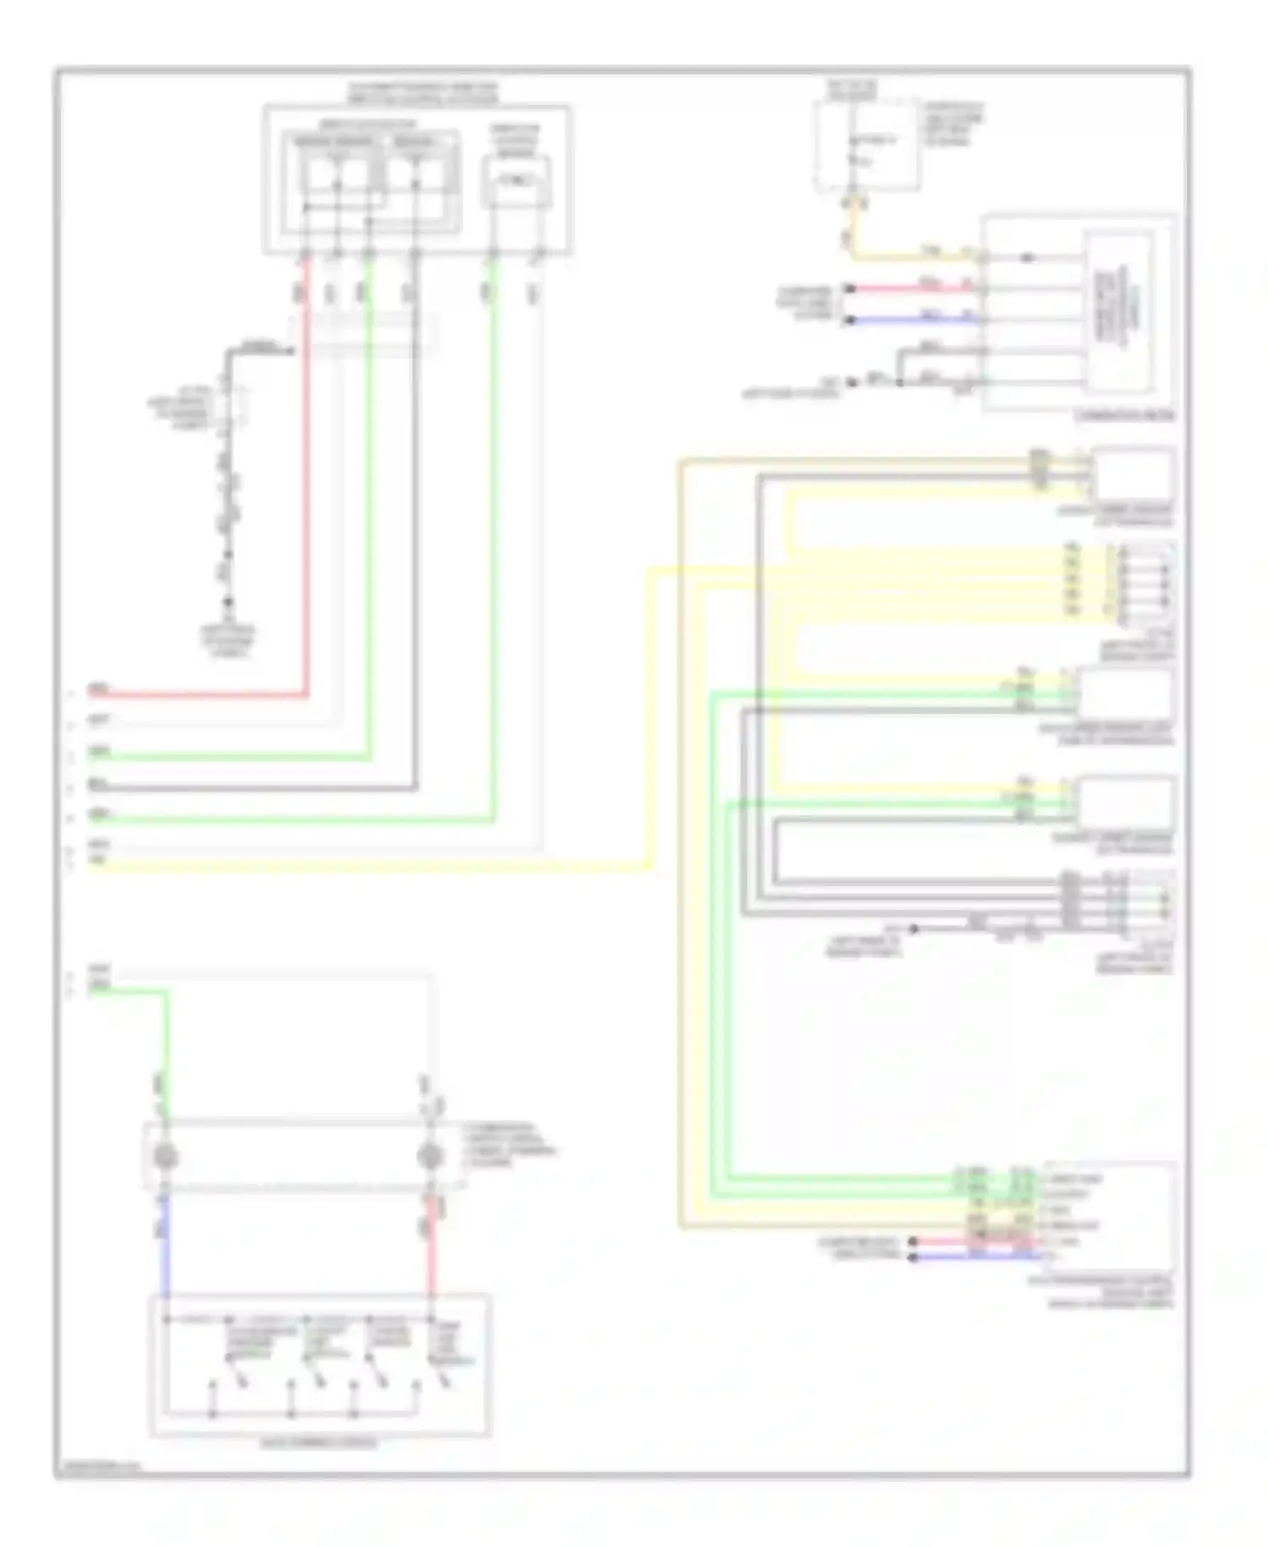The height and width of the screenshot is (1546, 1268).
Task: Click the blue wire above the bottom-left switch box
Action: [166, 1242]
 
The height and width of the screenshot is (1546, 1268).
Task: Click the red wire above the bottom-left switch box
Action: [431, 1242]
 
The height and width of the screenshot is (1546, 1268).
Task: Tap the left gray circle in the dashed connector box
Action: [166, 1156]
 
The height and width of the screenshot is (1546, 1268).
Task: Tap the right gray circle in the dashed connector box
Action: [431, 1156]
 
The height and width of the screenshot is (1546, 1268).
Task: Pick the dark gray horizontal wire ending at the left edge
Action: [254, 790]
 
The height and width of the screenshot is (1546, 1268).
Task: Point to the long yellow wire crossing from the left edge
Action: [380, 868]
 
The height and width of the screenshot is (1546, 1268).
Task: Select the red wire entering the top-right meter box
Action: [913, 288]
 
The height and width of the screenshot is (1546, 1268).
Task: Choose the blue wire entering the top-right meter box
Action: [913, 320]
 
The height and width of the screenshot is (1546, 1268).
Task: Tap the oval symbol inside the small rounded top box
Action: [516, 180]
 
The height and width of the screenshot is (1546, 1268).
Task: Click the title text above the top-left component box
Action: [423, 93]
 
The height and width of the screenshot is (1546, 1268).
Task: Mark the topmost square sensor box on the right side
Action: [1133, 475]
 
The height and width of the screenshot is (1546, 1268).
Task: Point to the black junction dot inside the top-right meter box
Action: [1028, 257]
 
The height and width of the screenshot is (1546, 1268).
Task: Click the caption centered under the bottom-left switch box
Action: [320, 1443]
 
